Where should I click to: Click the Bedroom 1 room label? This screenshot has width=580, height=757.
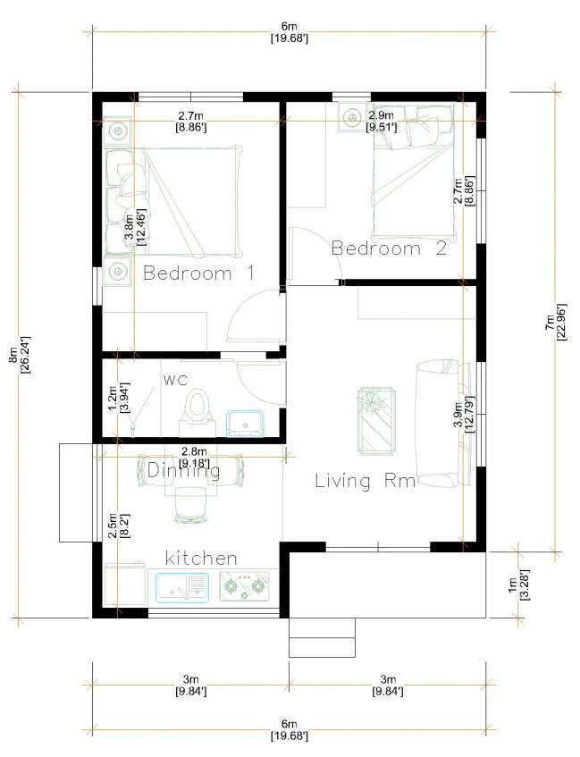[x=198, y=273]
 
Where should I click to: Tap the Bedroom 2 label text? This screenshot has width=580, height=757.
[x=390, y=248]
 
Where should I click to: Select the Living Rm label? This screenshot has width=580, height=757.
[x=366, y=481]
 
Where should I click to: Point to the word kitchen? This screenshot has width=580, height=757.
[x=201, y=558]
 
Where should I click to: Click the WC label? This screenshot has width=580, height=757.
[x=175, y=381]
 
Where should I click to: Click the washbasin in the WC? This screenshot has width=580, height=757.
[x=247, y=424]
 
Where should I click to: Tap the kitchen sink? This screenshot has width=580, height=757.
[x=182, y=586]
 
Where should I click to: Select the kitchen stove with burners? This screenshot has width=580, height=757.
[x=244, y=586]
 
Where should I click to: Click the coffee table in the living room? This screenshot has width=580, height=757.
[x=378, y=420]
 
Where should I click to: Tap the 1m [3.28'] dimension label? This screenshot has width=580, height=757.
[x=518, y=585]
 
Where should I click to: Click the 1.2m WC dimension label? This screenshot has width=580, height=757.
[x=117, y=399]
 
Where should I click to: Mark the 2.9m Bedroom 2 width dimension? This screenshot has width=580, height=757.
[x=381, y=122]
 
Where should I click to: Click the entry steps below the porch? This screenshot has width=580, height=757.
[x=322, y=637]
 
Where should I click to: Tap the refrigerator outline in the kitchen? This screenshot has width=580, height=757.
[x=125, y=585]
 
